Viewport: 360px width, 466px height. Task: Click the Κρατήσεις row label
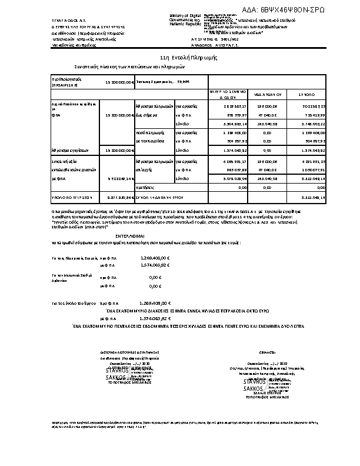coord(145,186)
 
